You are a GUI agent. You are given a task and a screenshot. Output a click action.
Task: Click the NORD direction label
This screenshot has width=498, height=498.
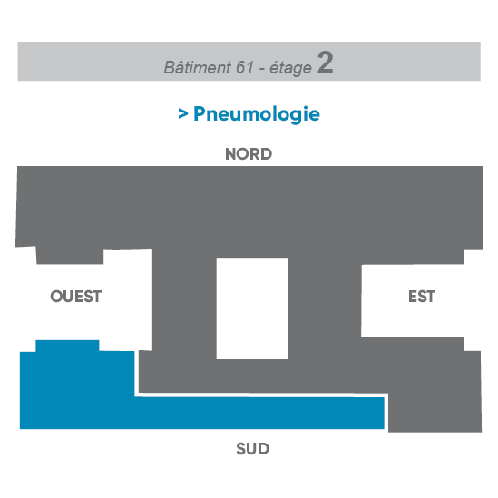[x=249, y=154]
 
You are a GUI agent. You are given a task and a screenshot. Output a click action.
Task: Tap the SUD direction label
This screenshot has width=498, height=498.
[x=253, y=449]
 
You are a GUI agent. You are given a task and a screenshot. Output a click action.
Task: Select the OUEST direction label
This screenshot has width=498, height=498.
[x=76, y=297]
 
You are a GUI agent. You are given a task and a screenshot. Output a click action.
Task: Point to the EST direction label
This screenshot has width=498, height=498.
[x=422, y=297]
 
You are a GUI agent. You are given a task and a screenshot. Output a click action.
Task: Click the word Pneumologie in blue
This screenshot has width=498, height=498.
[x=257, y=113]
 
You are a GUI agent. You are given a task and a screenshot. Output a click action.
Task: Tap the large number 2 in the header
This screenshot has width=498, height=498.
[x=326, y=63]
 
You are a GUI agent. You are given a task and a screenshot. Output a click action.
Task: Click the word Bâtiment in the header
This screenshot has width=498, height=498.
[x=197, y=67]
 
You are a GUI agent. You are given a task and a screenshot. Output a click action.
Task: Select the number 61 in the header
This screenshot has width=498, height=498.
[x=245, y=67]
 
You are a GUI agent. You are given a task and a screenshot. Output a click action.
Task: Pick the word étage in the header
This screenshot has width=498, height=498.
[x=290, y=68]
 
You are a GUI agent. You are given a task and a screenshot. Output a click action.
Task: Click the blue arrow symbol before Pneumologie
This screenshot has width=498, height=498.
[x=183, y=113]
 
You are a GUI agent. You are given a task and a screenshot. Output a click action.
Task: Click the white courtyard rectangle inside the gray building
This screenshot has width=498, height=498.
[x=252, y=308]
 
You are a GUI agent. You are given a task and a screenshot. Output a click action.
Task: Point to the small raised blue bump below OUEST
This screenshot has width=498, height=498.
[x=67, y=346]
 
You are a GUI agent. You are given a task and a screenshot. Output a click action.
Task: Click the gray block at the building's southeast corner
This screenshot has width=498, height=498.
[x=435, y=392]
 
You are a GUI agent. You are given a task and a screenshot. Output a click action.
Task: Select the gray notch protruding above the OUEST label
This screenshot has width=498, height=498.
[x=70, y=256]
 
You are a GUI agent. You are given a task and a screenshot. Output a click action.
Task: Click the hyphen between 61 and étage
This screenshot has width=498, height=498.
[x=262, y=69]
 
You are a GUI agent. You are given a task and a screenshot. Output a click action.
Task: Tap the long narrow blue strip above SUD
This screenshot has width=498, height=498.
[x=259, y=413]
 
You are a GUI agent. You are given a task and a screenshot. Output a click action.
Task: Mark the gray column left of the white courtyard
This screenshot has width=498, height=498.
[x=184, y=305]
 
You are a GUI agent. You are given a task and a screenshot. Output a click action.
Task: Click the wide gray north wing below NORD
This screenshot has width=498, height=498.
[x=249, y=208]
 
